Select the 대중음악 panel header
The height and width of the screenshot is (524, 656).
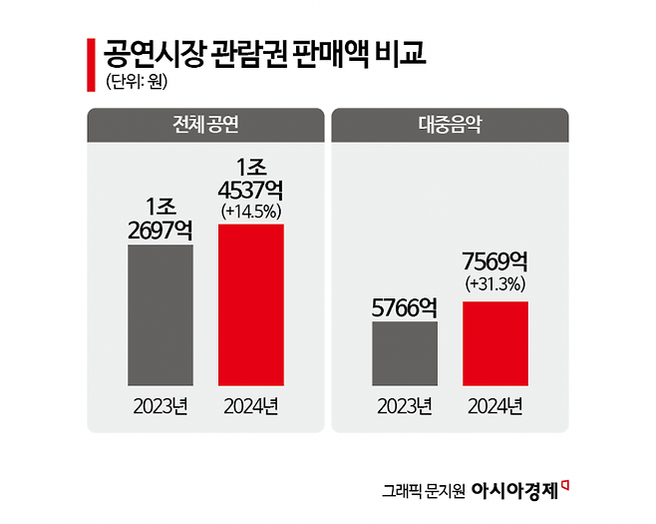[449, 126]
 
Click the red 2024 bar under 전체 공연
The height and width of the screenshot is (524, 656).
[251, 304]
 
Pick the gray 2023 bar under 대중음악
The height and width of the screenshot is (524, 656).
[404, 353]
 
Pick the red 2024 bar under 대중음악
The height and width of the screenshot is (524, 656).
[495, 342]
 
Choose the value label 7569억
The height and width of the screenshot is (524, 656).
[495, 262]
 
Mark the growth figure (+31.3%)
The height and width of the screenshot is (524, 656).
[495, 284]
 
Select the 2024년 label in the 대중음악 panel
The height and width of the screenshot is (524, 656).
[495, 405]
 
